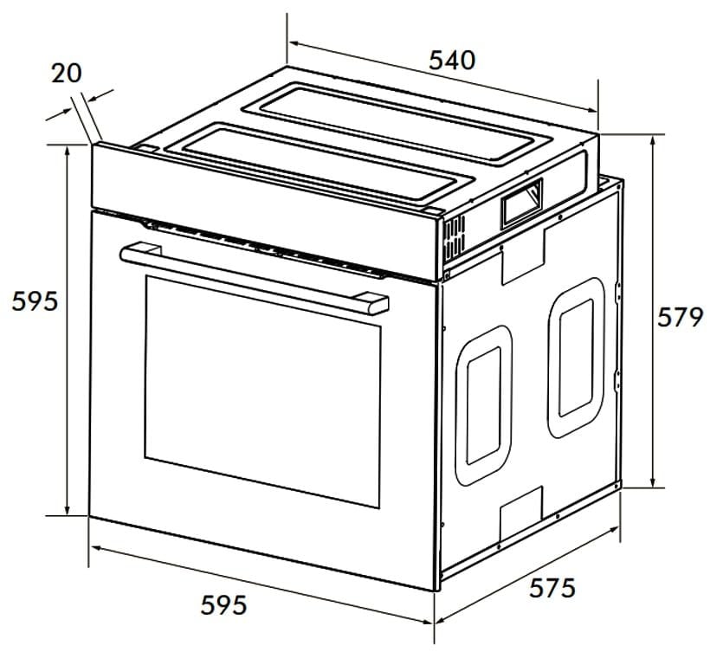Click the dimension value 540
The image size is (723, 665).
[452, 61]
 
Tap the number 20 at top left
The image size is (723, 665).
[67, 74]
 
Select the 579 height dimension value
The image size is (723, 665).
[680, 317]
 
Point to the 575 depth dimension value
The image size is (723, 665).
[552, 588]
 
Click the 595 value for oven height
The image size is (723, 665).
[35, 301]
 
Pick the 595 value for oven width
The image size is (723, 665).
[223, 605]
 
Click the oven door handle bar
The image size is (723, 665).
[254, 278]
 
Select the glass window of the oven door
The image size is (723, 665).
[263, 391]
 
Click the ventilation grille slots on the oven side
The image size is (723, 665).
[455, 238]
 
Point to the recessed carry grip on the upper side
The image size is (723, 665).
[521, 203]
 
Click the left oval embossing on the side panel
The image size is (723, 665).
[483, 405]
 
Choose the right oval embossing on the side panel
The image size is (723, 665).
[577, 358]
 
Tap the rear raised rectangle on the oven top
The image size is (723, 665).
[397, 123]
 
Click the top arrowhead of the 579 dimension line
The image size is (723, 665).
[653, 140]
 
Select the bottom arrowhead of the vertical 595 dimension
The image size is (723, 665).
[68, 509]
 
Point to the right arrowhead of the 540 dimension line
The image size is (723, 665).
[591, 109]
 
